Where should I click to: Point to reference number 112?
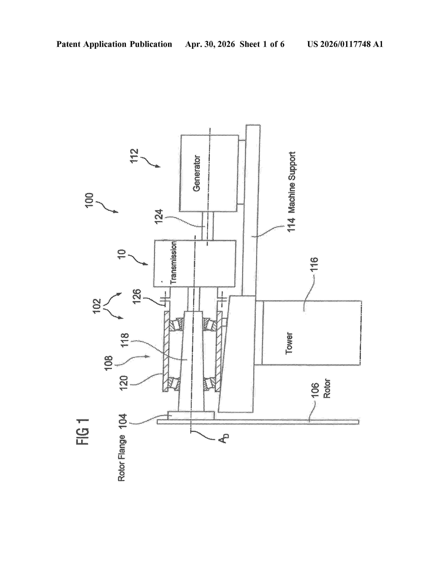tap(134, 156)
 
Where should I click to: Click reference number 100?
tap(89, 200)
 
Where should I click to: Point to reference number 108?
tap(109, 363)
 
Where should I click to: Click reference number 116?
tap(314, 264)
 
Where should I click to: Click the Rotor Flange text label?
tap(122, 458)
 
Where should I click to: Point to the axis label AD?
tap(223, 438)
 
